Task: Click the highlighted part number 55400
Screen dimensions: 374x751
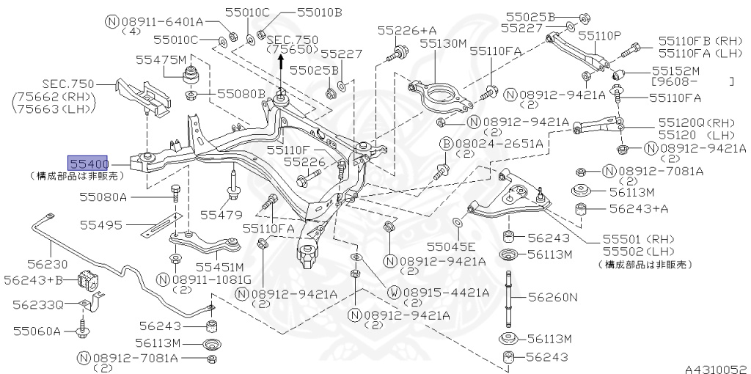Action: pyautogui.click(x=89, y=163)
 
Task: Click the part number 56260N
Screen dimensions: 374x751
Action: pyautogui.click(x=554, y=297)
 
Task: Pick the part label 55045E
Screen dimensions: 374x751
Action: pyautogui.click(x=451, y=246)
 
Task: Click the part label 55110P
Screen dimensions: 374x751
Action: pyautogui.click(x=599, y=35)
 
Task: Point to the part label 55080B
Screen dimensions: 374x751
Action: pyautogui.click(x=241, y=94)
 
